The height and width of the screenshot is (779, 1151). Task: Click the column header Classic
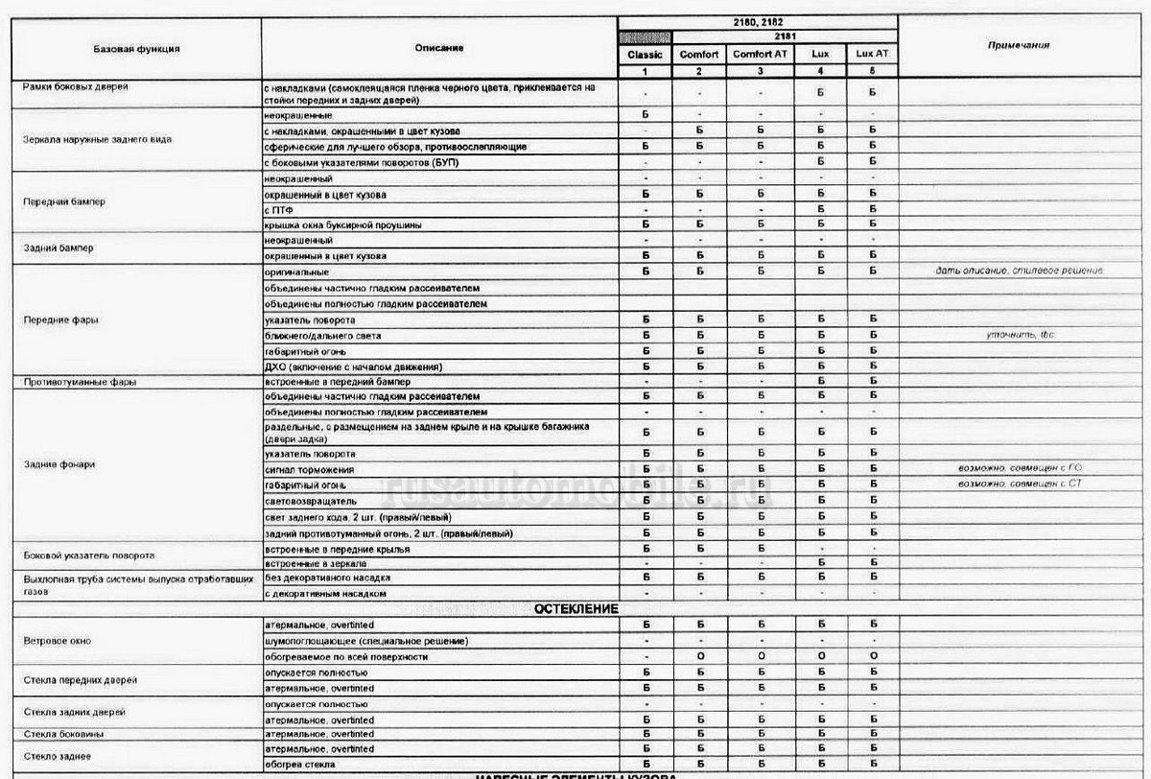pyautogui.click(x=645, y=55)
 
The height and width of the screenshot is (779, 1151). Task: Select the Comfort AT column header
pyautogui.click(x=760, y=55)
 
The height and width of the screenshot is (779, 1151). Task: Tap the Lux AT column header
pyautogui.click(x=872, y=55)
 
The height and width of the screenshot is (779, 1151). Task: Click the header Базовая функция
pyautogui.click(x=136, y=47)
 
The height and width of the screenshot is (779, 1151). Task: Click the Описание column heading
pyautogui.click(x=439, y=47)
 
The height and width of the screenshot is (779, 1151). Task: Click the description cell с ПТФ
pyautogui.click(x=279, y=208)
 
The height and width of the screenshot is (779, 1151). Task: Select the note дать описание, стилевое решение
pyautogui.click(x=1019, y=271)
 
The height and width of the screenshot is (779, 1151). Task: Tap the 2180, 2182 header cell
pyautogui.click(x=758, y=20)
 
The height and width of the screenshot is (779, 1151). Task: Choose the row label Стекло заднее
pyautogui.click(x=56, y=757)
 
